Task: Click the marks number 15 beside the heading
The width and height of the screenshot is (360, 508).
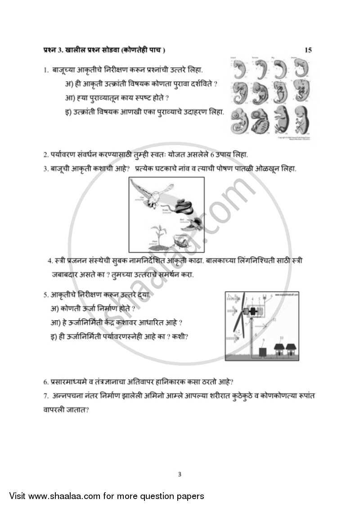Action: click(x=308, y=50)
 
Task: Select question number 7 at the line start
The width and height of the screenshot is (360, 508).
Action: click(x=45, y=395)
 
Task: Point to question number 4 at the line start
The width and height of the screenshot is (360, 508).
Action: click(x=49, y=261)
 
